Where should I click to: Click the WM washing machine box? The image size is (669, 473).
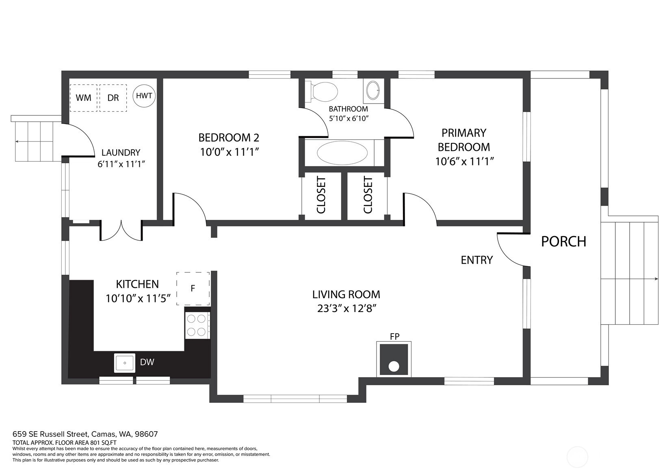point(83,98)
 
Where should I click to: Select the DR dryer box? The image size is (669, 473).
point(113,98)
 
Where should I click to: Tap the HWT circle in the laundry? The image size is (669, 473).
point(144,95)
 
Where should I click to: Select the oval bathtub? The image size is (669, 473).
point(342,153)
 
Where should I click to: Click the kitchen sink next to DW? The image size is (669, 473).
point(125,363)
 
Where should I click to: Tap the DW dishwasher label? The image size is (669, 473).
point(147,362)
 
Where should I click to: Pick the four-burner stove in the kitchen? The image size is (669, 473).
point(197,325)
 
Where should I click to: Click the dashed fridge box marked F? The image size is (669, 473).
point(193,289)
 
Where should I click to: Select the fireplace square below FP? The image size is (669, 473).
point(394,360)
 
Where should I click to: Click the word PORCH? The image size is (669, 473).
point(563,241)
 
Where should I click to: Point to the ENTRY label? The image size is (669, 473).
point(476,260)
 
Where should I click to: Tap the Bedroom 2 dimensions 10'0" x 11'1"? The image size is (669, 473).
point(229,152)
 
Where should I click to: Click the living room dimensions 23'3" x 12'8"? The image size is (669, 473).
point(346,308)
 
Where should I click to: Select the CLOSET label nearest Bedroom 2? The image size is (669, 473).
point(321,195)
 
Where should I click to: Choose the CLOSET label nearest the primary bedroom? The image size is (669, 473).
point(368,195)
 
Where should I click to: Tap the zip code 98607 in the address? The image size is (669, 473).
point(146,434)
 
